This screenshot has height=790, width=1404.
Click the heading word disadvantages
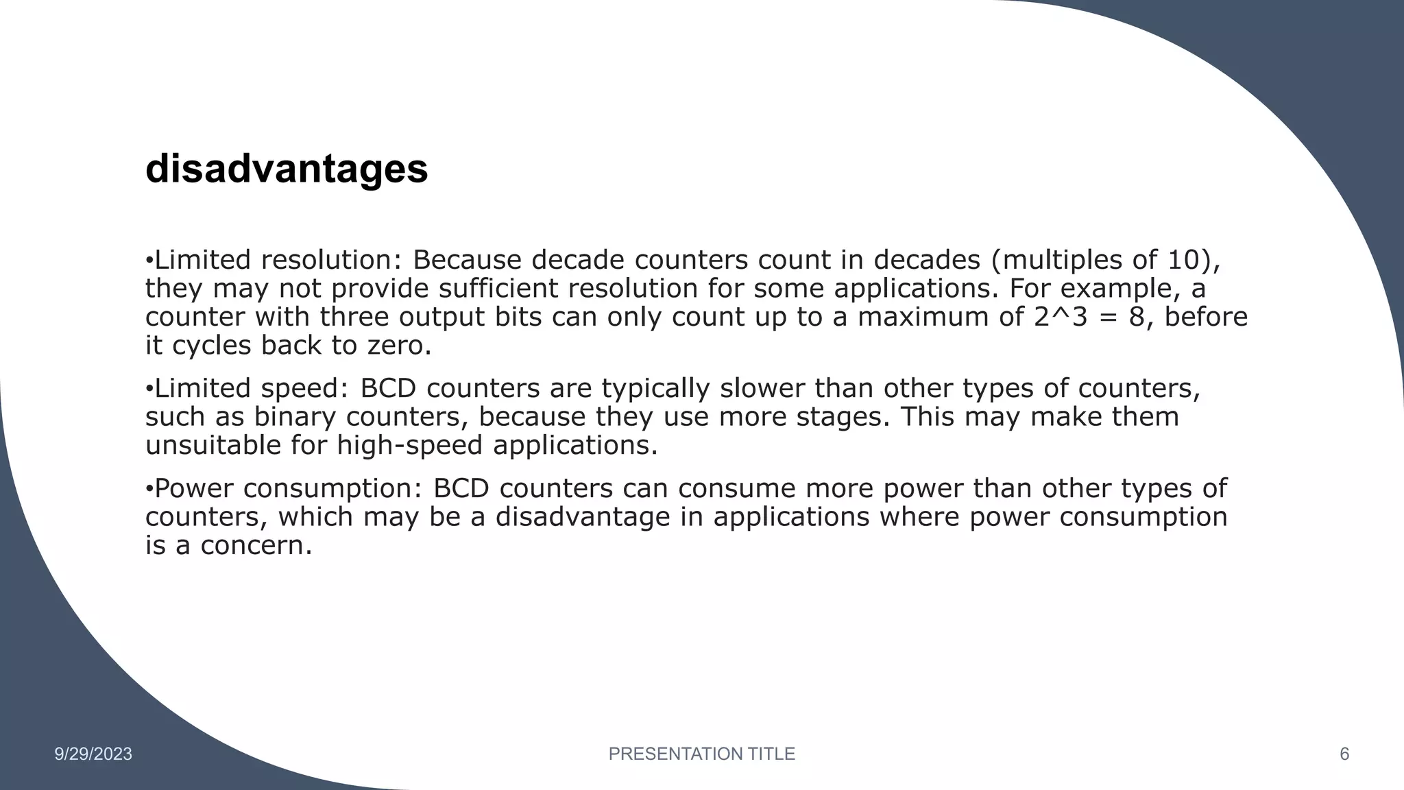(287, 169)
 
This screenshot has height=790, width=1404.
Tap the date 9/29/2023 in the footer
(93, 754)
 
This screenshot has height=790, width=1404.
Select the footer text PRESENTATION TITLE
(701, 754)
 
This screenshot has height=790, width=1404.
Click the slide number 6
(1344, 754)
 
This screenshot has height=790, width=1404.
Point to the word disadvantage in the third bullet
(583, 517)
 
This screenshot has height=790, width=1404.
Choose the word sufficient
(498, 289)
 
